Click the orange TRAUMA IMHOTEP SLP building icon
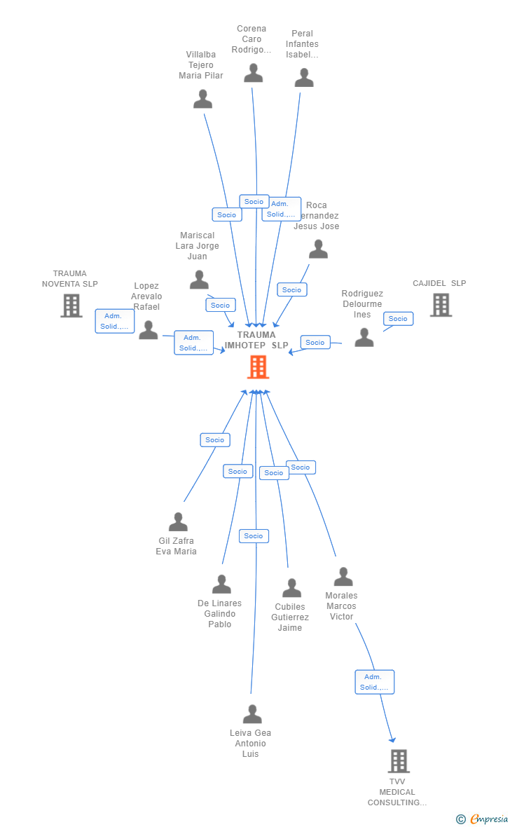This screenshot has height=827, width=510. click(x=258, y=367)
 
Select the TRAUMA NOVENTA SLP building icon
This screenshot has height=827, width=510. click(x=71, y=306)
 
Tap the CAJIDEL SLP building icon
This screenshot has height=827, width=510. click(x=441, y=305)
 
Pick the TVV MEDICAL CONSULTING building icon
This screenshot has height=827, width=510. click(x=398, y=761)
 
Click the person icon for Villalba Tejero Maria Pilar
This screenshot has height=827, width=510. click(x=202, y=100)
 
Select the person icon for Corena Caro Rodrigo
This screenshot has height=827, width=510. click(x=253, y=73)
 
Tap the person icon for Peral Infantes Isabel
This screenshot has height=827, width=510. click(x=303, y=78)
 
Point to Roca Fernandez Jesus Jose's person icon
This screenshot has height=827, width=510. click(x=318, y=250)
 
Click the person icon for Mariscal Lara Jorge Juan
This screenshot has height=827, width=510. click(x=199, y=280)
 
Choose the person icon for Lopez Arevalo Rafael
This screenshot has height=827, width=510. click(x=148, y=330)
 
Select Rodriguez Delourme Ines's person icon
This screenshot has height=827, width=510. click(x=364, y=338)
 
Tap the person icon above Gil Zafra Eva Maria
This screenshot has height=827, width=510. click(x=178, y=522)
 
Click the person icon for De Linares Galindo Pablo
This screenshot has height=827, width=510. click(x=221, y=585)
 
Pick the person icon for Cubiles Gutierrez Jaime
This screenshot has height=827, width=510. click(x=291, y=589)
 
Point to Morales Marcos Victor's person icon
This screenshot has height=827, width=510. click(x=343, y=577)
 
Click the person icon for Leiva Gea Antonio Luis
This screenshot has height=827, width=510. click(x=252, y=715)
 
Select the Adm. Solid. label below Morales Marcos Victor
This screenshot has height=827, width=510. click(x=374, y=682)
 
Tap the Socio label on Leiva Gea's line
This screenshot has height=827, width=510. click(x=254, y=536)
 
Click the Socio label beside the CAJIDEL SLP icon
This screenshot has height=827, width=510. click(x=398, y=319)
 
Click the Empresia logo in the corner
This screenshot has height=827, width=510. click(x=486, y=819)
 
